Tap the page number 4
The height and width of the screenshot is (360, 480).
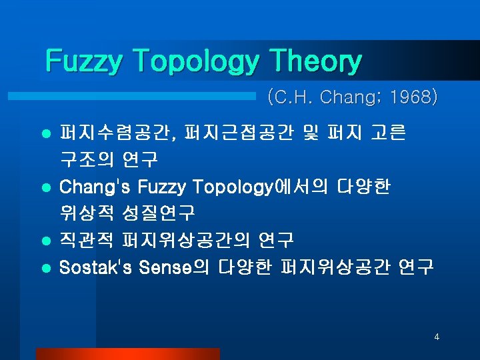pos(437,337)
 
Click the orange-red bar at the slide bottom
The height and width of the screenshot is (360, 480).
pos(127,354)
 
